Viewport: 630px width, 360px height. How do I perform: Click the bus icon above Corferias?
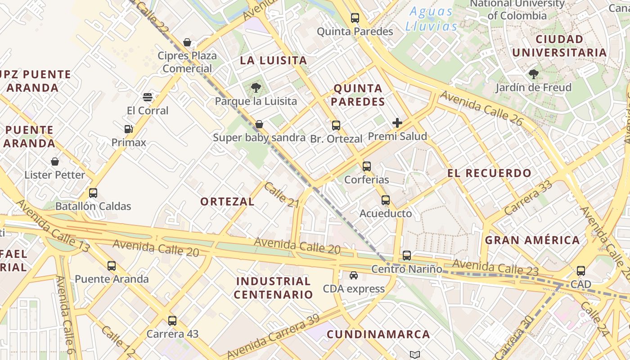pyautogui.click(x=367, y=166)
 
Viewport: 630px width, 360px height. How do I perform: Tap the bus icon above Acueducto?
pyautogui.click(x=386, y=200)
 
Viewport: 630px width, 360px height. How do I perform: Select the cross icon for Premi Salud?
pyautogui.click(x=397, y=123)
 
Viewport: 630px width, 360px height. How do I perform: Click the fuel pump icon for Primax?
pyautogui.click(x=129, y=130)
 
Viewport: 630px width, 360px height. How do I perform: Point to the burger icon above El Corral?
pyautogui.click(x=148, y=97)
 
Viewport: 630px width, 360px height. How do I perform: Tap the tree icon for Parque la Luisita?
pyautogui.click(x=256, y=87)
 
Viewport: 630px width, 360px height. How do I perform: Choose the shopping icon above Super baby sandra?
pyautogui.click(x=259, y=124)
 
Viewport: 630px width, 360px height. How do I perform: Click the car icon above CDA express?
pyautogui.click(x=354, y=275)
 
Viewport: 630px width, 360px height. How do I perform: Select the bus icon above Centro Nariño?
pyautogui.click(x=407, y=256)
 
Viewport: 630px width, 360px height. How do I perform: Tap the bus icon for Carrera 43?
pyautogui.click(x=172, y=321)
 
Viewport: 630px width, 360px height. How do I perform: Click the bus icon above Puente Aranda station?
pyautogui.click(x=112, y=266)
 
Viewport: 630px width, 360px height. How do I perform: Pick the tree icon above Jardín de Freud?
pyautogui.click(x=534, y=74)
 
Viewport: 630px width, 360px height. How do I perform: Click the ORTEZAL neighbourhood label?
pyautogui.click(x=227, y=202)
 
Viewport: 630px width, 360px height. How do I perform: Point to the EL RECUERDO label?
pyautogui.click(x=489, y=173)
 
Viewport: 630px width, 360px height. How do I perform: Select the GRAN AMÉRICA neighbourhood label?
pyautogui.click(x=532, y=240)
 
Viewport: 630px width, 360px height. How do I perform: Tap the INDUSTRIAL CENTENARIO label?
pyautogui.click(x=274, y=288)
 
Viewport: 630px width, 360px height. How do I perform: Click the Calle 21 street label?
pyautogui.click(x=282, y=195)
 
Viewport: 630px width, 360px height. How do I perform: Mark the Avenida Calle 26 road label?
pyautogui.click(x=481, y=108)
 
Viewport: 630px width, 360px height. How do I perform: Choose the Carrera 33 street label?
pyautogui.click(x=528, y=198)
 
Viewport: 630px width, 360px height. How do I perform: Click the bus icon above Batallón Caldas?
pyautogui.click(x=93, y=193)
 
